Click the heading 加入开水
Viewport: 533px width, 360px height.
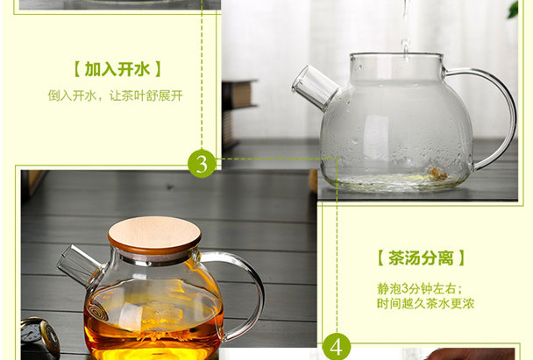[117, 69]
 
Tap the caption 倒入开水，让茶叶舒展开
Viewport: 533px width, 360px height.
[115, 95]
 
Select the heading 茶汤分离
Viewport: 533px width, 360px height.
[421, 258]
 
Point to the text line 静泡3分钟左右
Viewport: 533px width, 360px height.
[420, 288]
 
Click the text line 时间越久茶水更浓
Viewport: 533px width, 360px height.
[425, 303]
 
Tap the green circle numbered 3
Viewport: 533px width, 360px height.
[202, 164]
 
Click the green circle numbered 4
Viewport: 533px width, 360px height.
[336, 346]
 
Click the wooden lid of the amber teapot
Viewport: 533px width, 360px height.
[154, 235]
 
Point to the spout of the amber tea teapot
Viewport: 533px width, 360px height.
[78, 264]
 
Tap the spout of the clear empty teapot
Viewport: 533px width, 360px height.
[315, 88]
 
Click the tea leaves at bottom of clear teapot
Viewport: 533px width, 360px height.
[433, 174]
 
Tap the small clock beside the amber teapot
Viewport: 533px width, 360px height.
[40, 336]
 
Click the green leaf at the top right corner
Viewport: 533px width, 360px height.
[513, 9]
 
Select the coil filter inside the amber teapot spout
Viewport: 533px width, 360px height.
[97, 309]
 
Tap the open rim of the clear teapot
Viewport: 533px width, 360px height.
[396, 54]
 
